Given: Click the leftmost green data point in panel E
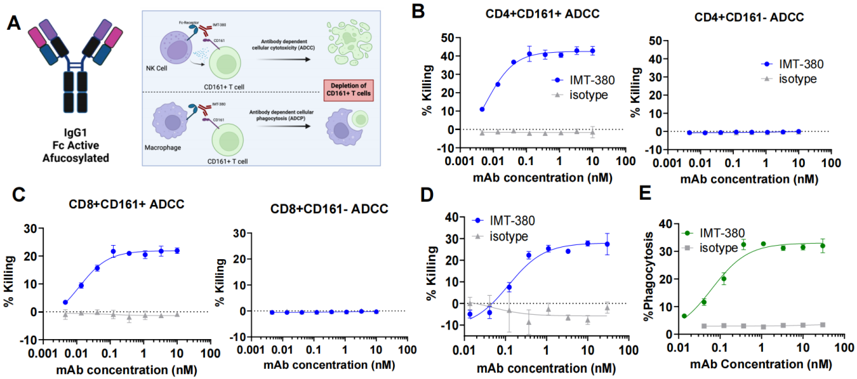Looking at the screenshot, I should click(x=685, y=316).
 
